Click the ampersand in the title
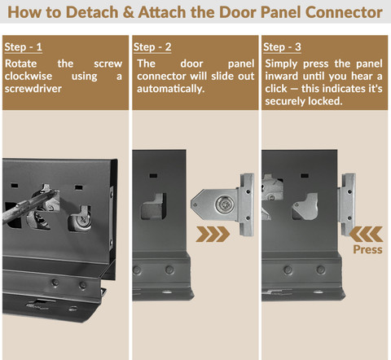(x=129, y=12)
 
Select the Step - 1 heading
(x=24, y=47)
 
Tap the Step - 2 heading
(x=152, y=47)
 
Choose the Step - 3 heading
(x=282, y=47)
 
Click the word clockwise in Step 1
(x=29, y=76)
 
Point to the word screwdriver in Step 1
(x=33, y=89)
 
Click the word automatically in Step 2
(x=170, y=89)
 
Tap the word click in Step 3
(x=276, y=89)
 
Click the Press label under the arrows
(x=367, y=249)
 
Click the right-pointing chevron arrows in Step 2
(x=213, y=234)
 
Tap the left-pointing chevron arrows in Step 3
(x=366, y=234)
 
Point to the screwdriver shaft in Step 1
(x=30, y=206)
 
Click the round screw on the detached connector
(x=224, y=204)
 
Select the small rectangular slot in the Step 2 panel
(x=153, y=176)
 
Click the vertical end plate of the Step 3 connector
(x=348, y=204)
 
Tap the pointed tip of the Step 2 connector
(x=191, y=204)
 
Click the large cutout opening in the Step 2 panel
(x=153, y=206)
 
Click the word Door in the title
(x=238, y=12)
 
